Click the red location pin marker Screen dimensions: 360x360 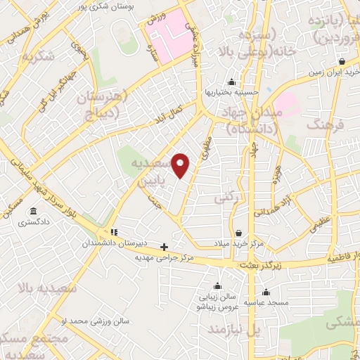(x=181, y=165)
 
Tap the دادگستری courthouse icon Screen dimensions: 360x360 (x=33, y=212)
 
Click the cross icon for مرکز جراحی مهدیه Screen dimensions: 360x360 (x=165, y=247)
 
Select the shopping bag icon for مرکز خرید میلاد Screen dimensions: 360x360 (x=240, y=233)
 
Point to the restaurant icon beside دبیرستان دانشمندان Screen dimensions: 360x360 (x=113, y=233)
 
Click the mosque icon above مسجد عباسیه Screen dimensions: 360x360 (x=266, y=292)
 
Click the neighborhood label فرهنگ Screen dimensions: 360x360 (x=328, y=124)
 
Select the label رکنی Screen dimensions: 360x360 (x=243, y=199)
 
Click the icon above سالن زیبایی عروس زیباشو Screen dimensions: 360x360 (x=218, y=285)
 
